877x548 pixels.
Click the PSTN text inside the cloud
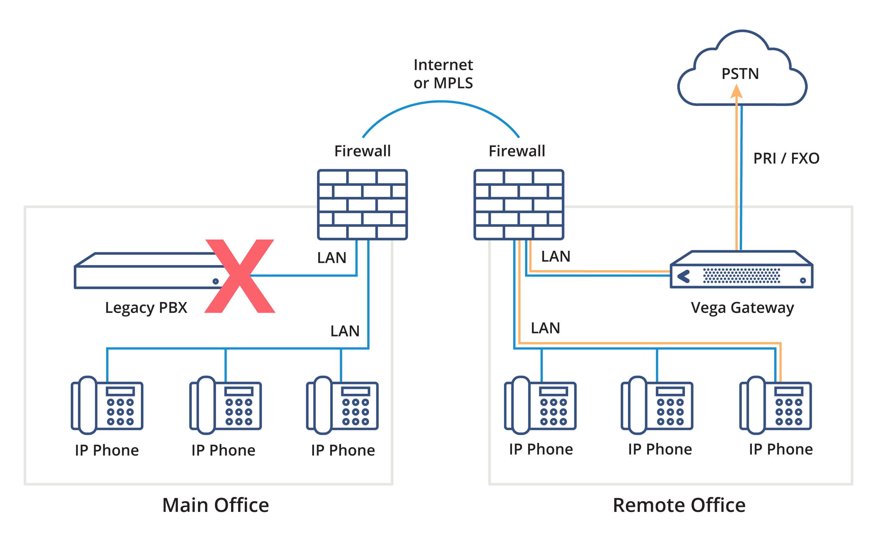pos(740,74)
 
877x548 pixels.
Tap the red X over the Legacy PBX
pos(240,276)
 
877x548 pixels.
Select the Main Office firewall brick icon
pos(362,204)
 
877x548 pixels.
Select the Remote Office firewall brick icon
pos(519,204)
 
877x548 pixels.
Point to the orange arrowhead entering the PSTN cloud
pos(736,91)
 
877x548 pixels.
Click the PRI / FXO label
pos(786,158)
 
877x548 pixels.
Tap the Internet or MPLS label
pos(443,74)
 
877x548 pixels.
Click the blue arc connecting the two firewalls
pos(441,103)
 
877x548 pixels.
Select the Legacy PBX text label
pos(146,308)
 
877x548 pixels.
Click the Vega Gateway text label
pos(742,308)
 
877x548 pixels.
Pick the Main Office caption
pos(216,505)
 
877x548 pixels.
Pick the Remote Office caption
pos(679,505)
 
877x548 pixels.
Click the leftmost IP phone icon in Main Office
pos(107,405)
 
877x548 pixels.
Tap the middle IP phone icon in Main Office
pos(225,405)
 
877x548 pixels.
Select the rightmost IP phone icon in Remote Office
pos(776,405)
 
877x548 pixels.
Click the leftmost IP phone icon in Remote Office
pos(540,405)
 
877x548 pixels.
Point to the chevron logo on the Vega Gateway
pos(684,277)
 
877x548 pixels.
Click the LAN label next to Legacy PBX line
pos(332,258)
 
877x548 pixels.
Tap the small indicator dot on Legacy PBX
pos(215,281)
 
